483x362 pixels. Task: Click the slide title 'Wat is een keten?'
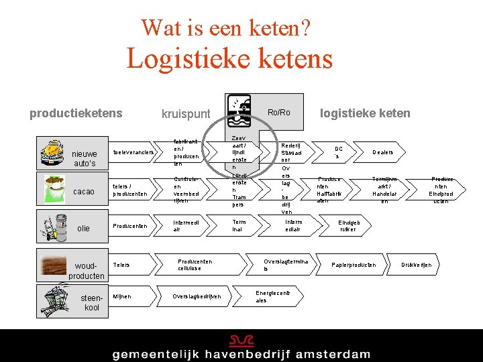click(225, 27)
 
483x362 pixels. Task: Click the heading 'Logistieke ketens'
click(229, 58)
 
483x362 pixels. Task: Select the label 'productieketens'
click(76, 113)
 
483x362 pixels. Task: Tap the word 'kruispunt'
click(186, 114)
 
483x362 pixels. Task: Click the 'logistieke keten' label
click(365, 113)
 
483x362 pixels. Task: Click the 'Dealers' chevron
click(383, 152)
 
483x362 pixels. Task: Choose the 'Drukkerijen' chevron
click(417, 265)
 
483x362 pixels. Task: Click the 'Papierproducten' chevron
click(354, 265)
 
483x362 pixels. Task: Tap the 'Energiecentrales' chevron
click(273, 296)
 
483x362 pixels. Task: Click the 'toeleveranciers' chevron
click(133, 152)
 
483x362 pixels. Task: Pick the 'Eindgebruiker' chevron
click(349, 226)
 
